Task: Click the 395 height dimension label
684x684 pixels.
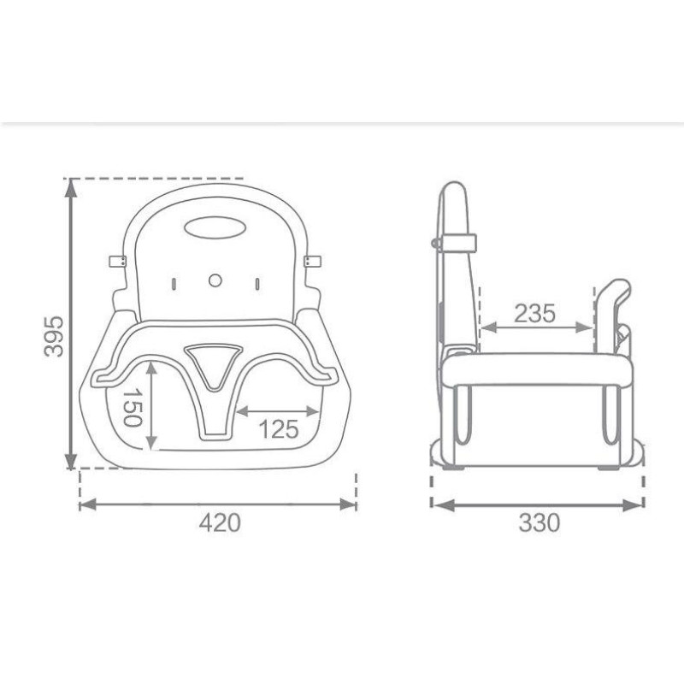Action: [54, 336]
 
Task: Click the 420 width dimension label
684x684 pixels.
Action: [220, 522]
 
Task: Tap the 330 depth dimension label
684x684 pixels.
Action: [540, 522]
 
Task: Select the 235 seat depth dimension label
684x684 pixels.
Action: [535, 313]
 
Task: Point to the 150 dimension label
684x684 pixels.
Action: [133, 408]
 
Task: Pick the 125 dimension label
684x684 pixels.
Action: [280, 429]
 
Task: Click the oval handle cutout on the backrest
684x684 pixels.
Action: [215, 227]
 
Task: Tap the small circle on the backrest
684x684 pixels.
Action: [215, 280]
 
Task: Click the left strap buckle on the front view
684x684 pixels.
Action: [117, 262]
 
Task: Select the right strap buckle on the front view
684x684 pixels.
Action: [312, 262]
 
